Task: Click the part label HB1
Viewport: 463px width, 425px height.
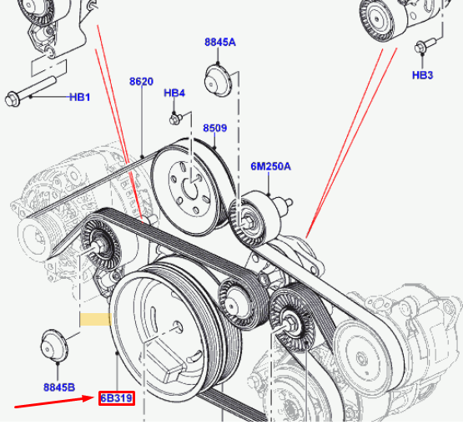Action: (x=79, y=97)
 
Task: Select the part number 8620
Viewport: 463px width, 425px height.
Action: (x=141, y=81)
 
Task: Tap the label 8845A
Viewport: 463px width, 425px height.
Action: (x=219, y=42)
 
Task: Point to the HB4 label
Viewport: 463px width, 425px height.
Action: (x=174, y=93)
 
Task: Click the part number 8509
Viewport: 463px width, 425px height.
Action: (x=214, y=128)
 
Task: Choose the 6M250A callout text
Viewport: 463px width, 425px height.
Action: (x=270, y=165)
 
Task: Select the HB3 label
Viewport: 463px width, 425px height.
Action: (x=423, y=75)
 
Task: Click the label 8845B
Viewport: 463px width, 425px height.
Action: (x=59, y=387)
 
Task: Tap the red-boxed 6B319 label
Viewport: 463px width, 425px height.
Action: (x=117, y=398)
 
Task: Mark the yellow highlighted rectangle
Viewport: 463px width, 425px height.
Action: (x=95, y=319)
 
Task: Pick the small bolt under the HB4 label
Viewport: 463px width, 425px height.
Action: (x=175, y=119)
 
